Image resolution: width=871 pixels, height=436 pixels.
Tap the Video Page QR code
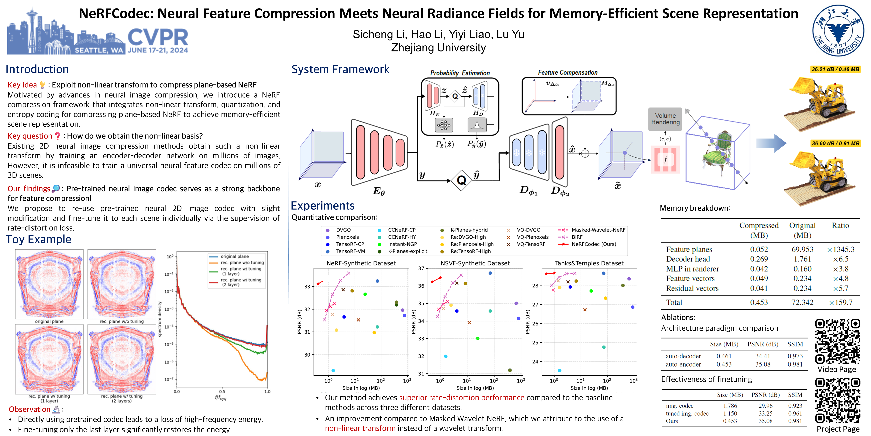[837, 341]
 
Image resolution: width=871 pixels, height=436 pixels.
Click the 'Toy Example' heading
[39, 239]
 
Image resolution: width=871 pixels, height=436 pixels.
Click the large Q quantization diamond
[462, 180]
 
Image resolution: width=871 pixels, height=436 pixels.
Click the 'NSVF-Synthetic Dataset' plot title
[475, 263]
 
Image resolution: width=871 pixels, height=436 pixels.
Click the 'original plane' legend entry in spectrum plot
[234, 256]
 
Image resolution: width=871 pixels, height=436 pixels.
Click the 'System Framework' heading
[340, 69]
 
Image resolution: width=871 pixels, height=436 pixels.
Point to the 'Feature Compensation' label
[567, 72]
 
